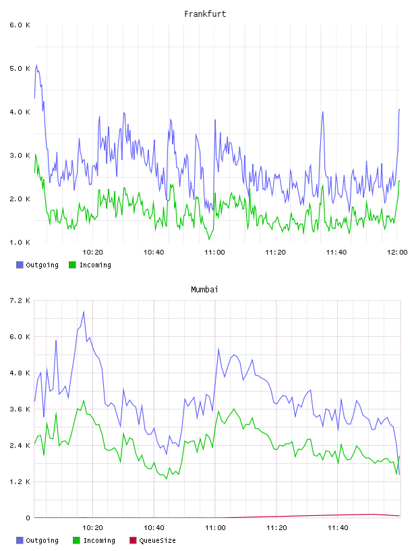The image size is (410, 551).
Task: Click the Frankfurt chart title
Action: tap(205, 14)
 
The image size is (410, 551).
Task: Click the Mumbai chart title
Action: tap(204, 290)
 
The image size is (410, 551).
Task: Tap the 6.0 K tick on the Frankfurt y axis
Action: tap(20, 25)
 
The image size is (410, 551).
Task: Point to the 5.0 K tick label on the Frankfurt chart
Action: tap(20, 68)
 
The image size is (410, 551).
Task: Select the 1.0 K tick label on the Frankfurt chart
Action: tap(20, 242)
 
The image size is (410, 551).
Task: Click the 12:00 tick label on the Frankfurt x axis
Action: tap(397, 253)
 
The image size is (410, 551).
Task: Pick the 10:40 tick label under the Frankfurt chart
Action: tap(153, 253)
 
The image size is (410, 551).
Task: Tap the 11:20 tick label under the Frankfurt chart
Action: tap(275, 253)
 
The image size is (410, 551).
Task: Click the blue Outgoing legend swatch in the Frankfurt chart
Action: tap(20, 265)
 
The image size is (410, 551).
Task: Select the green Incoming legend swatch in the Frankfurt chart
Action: tap(72, 265)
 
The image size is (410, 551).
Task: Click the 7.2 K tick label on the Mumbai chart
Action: tap(20, 300)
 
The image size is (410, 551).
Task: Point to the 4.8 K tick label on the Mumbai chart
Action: tap(20, 373)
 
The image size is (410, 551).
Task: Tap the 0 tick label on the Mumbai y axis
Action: tap(28, 518)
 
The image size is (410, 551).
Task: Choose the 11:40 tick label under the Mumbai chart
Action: tap(338, 528)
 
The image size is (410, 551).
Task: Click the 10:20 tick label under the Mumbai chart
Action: tap(92, 528)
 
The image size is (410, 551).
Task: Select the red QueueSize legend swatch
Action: tap(133, 540)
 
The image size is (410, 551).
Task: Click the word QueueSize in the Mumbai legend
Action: tap(157, 540)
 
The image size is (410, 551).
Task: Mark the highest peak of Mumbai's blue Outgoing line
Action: tap(84, 312)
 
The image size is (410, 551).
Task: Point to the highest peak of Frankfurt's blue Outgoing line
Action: tap(36, 65)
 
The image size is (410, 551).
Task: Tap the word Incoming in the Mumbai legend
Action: tap(99, 540)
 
